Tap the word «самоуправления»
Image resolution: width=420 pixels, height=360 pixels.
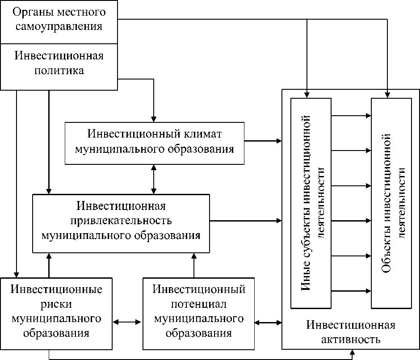(x=59, y=27)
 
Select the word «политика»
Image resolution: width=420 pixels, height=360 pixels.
(x=59, y=71)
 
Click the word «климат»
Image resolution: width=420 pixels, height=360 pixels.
(x=203, y=134)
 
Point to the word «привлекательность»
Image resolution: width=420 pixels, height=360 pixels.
(x=121, y=221)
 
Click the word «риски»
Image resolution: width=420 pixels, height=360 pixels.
(x=56, y=305)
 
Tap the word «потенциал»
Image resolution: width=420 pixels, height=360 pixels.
(x=199, y=304)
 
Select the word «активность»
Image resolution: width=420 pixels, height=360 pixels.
(x=351, y=339)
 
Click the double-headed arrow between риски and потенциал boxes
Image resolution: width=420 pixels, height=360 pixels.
(x=127, y=322)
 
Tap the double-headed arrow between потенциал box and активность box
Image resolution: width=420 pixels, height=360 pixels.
(x=268, y=323)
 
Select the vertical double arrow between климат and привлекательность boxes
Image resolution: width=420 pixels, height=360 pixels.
(x=154, y=179)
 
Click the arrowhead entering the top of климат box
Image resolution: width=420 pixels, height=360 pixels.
(x=154, y=119)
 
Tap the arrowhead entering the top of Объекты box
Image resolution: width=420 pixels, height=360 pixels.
(x=387, y=95)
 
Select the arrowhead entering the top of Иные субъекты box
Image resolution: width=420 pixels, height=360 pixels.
(x=307, y=95)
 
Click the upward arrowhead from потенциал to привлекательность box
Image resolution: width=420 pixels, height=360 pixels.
(x=194, y=256)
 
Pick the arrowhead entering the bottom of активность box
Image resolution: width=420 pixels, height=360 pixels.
(x=353, y=352)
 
